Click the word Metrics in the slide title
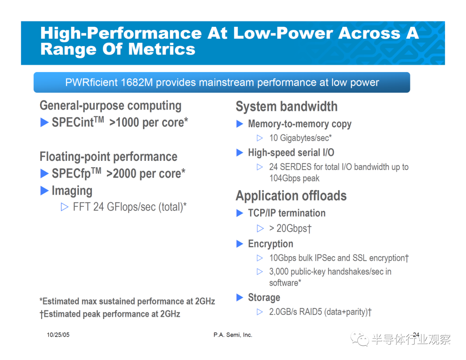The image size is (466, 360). point(162,49)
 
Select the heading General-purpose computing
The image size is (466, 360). point(110,106)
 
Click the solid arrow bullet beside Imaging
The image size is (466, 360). point(44,191)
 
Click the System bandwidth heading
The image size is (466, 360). point(287,106)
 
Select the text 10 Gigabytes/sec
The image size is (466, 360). point(300,138)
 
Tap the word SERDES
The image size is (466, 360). point(295,167)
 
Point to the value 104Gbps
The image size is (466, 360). point(285,178)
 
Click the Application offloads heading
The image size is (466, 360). point(291,196)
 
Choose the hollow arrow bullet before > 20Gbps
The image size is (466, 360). point(260,228)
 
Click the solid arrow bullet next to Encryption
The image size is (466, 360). point(239,244)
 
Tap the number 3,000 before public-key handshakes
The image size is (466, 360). point(279,272)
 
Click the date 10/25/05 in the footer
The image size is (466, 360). point(58,335)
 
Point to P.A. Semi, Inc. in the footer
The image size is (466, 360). point(233,335)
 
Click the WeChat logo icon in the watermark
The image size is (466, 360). point(359,339)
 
